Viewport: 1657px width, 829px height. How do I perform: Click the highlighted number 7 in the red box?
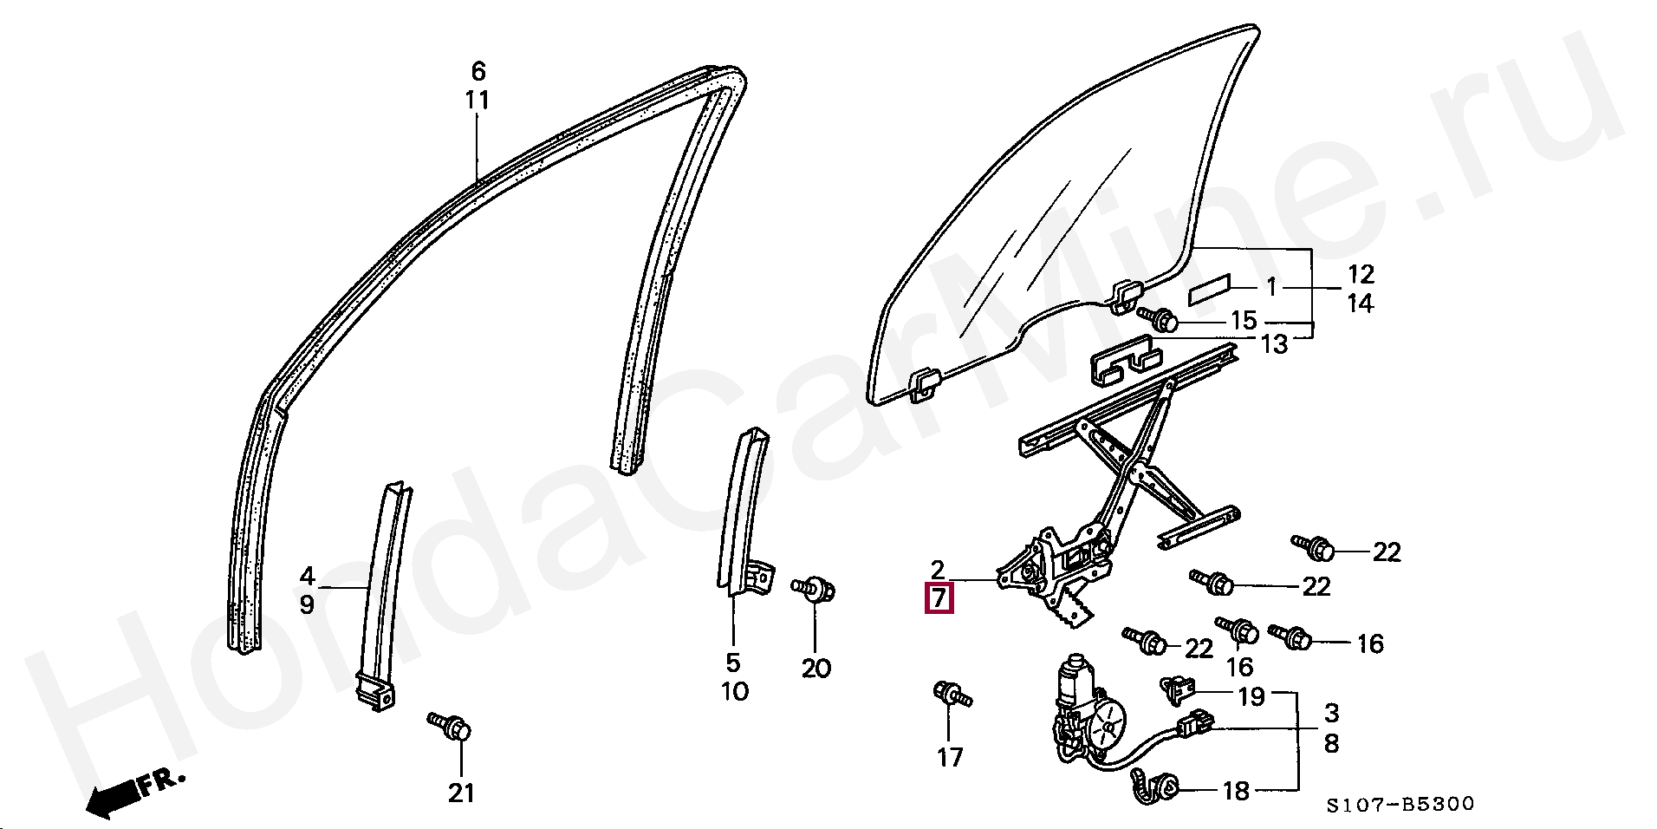pos(939,598)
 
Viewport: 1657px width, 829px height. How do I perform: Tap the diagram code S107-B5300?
pos(1400,805)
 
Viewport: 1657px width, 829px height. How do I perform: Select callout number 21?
pos(461,792)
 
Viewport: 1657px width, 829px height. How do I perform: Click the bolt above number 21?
pos(450,725)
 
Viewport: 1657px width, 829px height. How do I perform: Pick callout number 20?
pos(816,668)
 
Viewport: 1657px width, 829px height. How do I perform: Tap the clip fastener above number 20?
pos(815,589)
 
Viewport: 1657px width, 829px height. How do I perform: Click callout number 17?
pos(950,757)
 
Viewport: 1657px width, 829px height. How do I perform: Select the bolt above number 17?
pos(952,695)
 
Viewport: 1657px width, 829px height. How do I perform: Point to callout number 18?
pos(1236,790)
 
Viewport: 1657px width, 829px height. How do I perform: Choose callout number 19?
pos(1251,695)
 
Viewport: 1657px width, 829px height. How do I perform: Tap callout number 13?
pos(1273,344)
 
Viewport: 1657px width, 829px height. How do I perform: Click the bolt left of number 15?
pos(1158,318)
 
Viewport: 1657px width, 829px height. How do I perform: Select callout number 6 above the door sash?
pos(478,71)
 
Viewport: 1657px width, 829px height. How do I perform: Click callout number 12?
pos(1361,274)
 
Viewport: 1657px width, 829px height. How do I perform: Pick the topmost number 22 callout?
pos(1387,552)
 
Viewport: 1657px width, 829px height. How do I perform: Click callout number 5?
pos(733,663)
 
